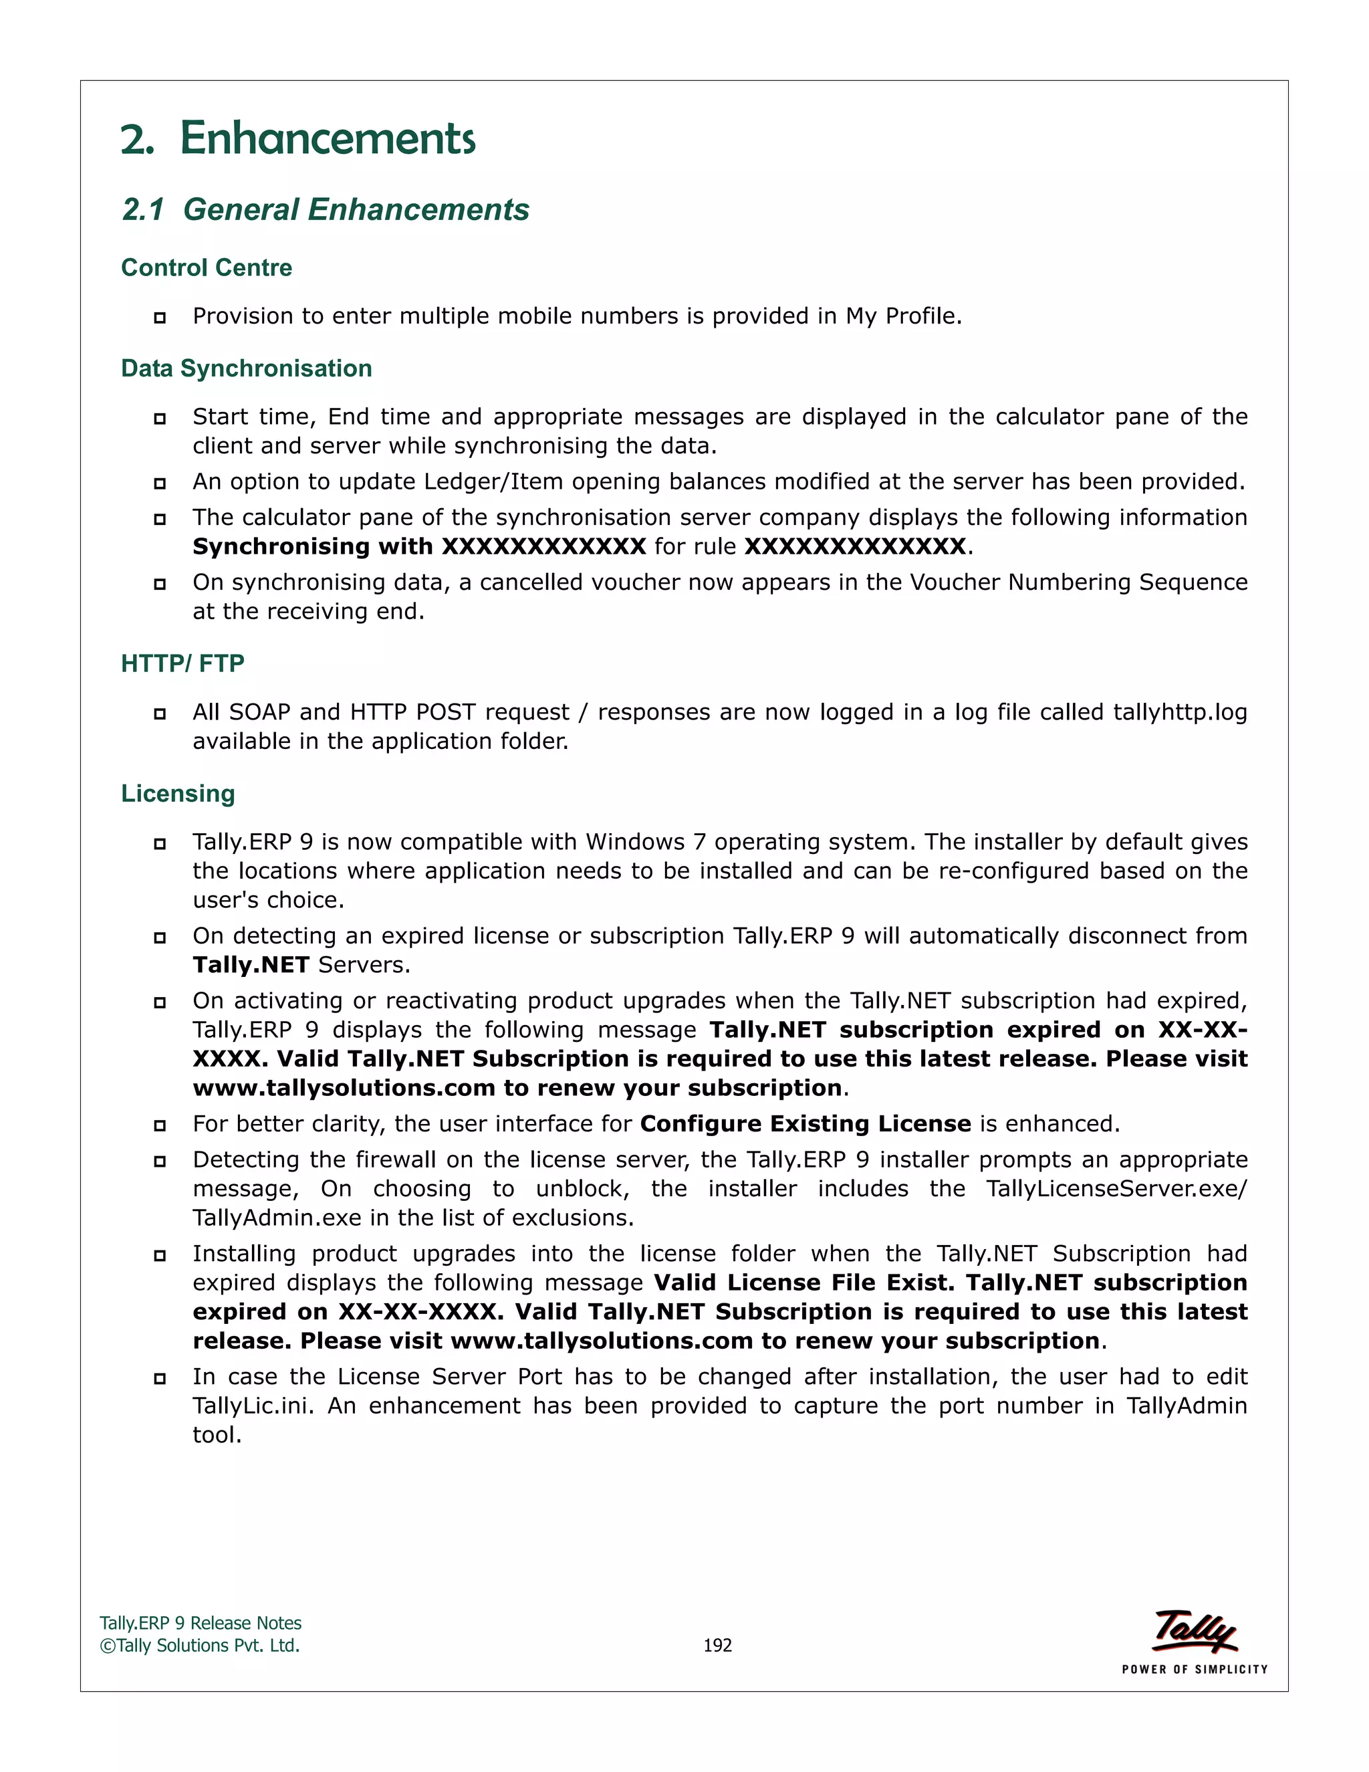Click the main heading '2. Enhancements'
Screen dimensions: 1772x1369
tap(297, 138)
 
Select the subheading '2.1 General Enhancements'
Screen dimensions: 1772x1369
tap(326, 209)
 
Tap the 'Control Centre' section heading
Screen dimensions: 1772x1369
tap(206, 267)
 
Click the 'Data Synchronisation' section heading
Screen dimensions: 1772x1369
tap(246, 368)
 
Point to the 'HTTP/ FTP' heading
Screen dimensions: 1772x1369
tap(182, 664)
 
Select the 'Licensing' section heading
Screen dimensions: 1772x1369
tap(178, 794)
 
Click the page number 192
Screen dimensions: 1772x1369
tap(717, 1646)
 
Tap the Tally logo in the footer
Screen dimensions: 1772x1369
tap(1194, 1631)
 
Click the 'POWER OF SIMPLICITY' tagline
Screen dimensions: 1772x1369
tap(1194, 1670)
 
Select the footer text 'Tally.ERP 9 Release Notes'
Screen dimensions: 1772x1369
tap(201, 1624)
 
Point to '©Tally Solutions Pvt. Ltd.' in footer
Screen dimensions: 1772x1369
tap(199, 1646)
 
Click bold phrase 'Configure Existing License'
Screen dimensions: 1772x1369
tap(805, 1124)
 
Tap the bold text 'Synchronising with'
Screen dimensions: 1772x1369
tap(312, 547)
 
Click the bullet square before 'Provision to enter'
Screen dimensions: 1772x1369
tap(160, 317)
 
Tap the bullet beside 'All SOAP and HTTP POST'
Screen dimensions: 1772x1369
tap(160, 713)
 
